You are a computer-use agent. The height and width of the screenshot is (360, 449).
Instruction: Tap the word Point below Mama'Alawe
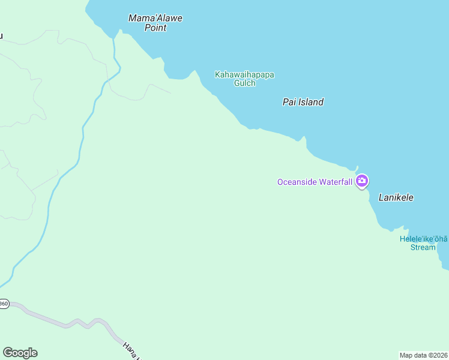click(155, 28)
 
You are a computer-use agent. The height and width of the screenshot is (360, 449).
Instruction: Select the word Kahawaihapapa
click(245, 74)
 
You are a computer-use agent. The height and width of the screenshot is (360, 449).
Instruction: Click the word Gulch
click(245, 83)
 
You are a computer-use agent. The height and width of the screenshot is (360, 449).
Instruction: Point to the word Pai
click(289, 102)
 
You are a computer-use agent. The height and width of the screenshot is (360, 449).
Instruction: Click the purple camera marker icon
click(361, 181)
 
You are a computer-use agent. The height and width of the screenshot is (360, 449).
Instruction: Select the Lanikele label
click(396, 197)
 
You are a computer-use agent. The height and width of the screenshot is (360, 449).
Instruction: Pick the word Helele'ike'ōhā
click(424, 239)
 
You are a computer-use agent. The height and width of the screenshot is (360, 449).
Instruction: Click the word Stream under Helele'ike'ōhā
click(423, 247)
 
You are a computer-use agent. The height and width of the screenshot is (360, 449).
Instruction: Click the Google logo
click(20, 353)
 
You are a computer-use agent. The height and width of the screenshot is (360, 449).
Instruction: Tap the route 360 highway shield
click(4, 304)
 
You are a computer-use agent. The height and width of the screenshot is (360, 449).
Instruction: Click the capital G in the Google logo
click(7, 353)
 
